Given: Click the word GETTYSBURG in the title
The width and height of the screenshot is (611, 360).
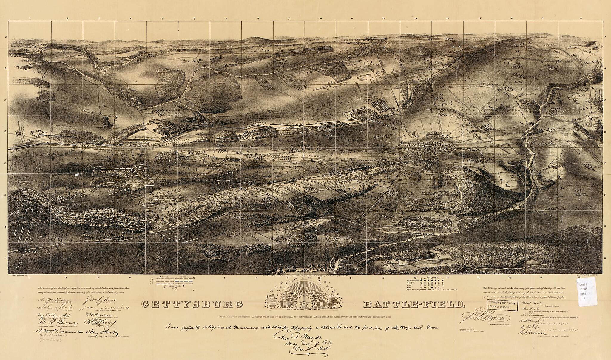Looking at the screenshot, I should point(191,304).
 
